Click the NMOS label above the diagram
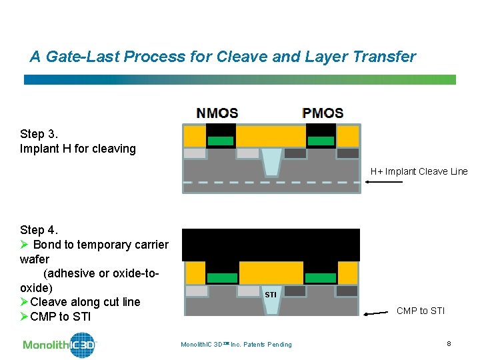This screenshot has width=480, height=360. coord(217,113)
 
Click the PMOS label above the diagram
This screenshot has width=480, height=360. coord(323,113)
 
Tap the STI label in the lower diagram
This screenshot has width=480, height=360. coord(270,294)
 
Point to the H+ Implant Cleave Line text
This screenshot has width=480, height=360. coord(419,171)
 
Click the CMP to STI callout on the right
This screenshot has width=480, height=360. coord(421,310)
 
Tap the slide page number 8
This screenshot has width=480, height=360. coord(449,343)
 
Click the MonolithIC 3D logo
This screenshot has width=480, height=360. coord(60,345)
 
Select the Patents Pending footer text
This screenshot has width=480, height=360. coord(236,344)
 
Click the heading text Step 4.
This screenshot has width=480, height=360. coord(39,230)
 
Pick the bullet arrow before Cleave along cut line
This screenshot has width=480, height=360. coord(25,302)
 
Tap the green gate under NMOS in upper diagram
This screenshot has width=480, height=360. coord(221,141)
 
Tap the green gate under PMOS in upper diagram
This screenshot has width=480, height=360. coord(321,141)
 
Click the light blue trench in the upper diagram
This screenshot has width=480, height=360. coord(271,161)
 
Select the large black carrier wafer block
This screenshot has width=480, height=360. coord(271,244)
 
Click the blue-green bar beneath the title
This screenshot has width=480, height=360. coord(240,79)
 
